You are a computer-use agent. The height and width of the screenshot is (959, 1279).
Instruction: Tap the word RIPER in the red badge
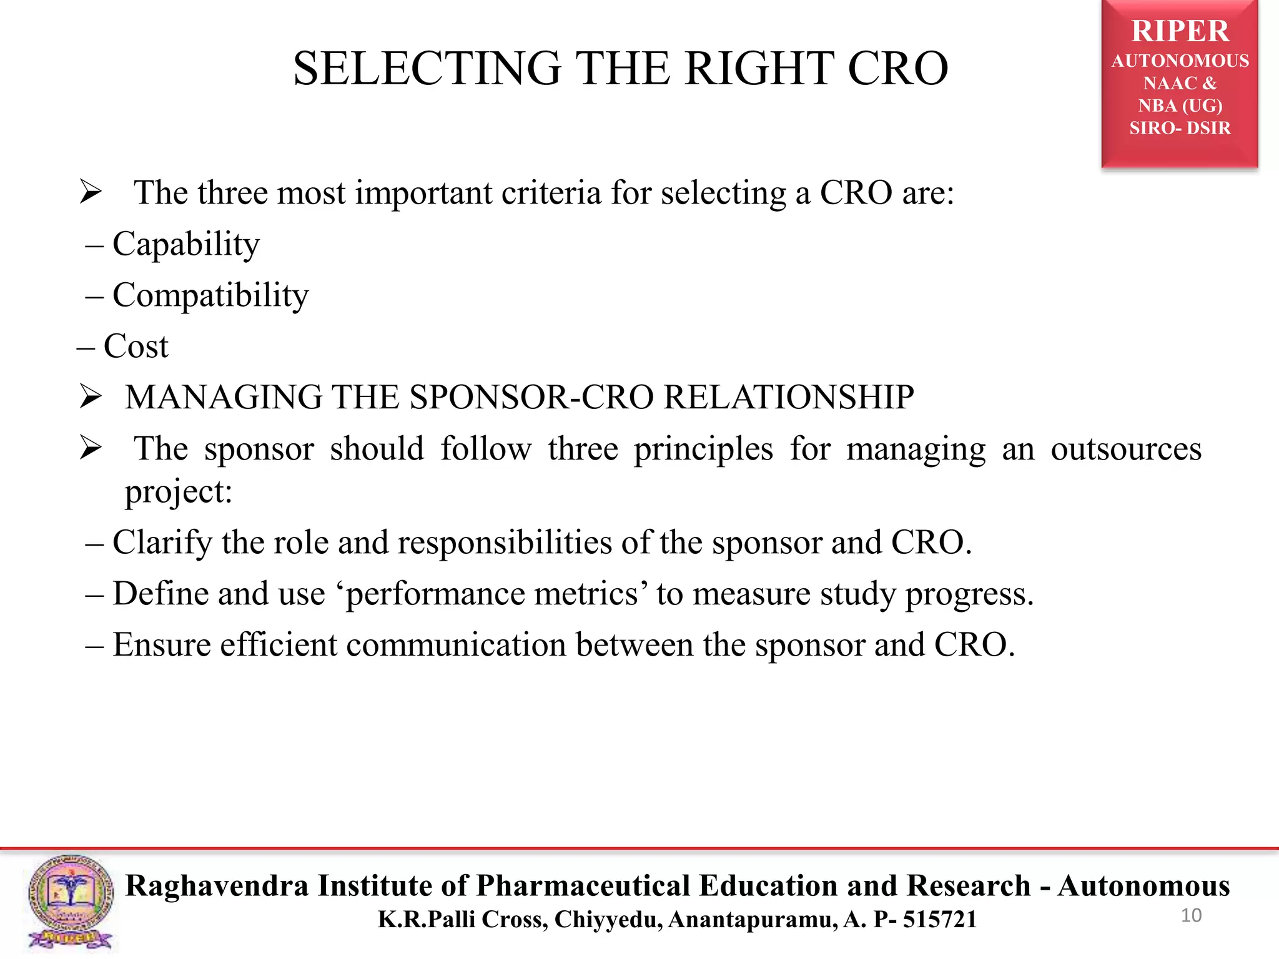pos(1180,31)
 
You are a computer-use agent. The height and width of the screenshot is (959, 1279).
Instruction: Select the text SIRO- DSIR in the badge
pos(1180,128)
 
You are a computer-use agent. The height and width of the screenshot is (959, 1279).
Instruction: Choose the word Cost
pos(136,347)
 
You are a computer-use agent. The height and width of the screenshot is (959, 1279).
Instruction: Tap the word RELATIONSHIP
pos(788,397)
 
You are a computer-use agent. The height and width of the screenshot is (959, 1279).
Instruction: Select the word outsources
pos(1125,449)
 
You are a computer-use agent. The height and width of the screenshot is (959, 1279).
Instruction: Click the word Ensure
pos(162,645)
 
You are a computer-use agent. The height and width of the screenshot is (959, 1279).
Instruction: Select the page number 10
pos(1191,915)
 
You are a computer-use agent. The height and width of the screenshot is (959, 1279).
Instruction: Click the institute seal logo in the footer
pos(70,902)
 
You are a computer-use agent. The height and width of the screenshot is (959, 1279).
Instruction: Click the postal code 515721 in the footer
pos(939,920)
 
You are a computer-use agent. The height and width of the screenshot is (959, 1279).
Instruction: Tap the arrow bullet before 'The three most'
pos(91,192)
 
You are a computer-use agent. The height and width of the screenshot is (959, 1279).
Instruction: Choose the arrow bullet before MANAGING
pos(91,397)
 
